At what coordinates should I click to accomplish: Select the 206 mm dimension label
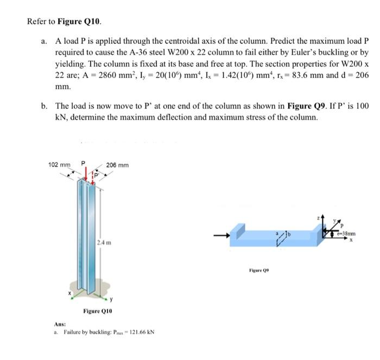point(117,164)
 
